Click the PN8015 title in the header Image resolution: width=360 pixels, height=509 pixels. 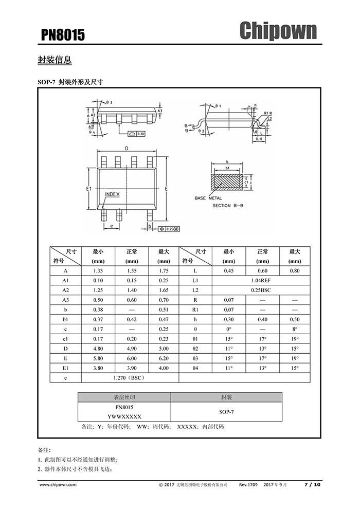point(63,34)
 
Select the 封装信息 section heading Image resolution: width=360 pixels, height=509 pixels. point(55,60)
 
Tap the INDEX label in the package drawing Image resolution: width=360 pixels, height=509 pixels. point(112,194)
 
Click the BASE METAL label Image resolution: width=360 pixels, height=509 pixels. point(208,198)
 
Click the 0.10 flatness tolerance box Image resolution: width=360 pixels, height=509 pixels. point(137,134)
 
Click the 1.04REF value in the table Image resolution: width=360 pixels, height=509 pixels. point(261,281)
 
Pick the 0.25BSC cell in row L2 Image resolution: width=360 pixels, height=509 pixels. point(261,290)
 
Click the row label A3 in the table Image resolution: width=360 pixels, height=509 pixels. point(65,300)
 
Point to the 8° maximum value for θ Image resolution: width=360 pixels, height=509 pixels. point(295,329)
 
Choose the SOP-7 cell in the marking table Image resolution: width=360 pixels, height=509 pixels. point(226,412)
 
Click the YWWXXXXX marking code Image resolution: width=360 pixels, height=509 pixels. point(124,416)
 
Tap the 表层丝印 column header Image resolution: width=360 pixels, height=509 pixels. point(124,397)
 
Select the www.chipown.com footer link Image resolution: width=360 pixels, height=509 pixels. point(58,485)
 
